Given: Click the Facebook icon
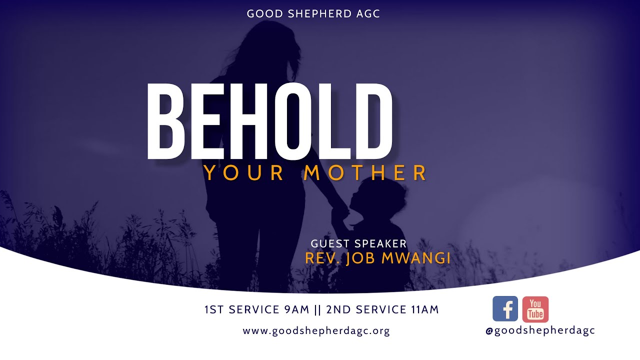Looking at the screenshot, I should [x=505, y=309].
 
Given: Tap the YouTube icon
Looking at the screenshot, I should [x=535, y=309].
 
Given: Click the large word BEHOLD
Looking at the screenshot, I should [x=270, y=121].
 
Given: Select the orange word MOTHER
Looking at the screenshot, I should [x=365, y=172].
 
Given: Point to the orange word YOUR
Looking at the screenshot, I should [x=244, y=172].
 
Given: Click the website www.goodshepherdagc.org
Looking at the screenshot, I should [x=316, y=330].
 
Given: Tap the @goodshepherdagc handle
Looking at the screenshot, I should [x=540, y=330].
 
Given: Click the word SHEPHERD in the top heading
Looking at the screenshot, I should [x=312, y=14].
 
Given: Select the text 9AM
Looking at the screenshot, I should [x=297, y=309].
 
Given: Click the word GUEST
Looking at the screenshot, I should [x=330, y=244].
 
